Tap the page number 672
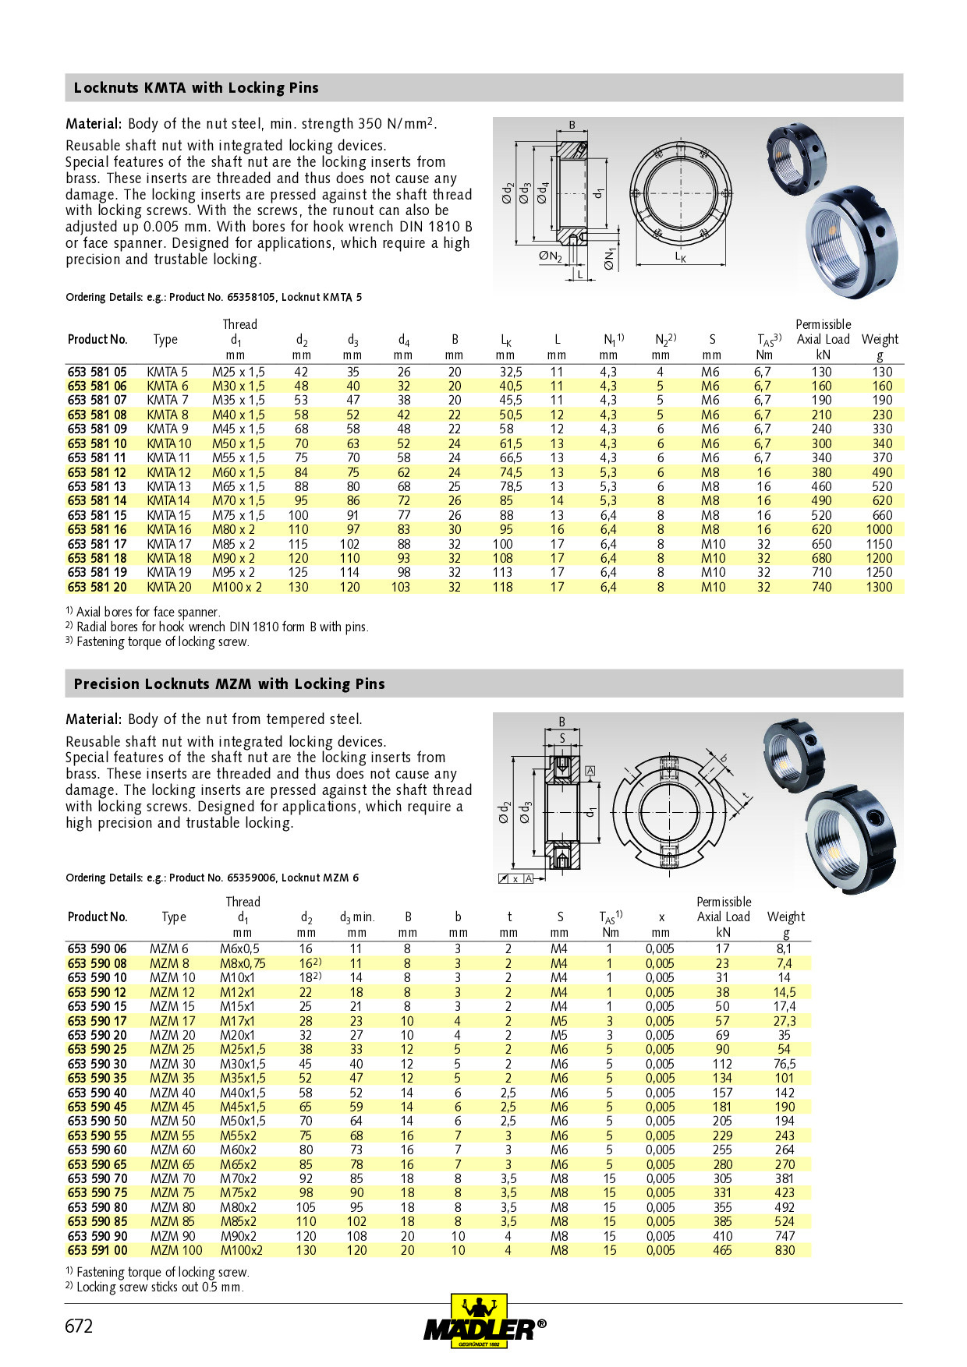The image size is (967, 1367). [x=79, y=1326]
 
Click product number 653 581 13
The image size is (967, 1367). [x=97, y=486]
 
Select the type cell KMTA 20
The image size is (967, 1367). [x=168, y=587]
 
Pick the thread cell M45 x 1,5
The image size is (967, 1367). [x=238, y=429]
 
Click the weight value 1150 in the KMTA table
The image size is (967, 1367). [x=879, y=544]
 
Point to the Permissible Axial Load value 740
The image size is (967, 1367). [x=821, y=587]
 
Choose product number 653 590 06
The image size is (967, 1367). [x=97, y=948]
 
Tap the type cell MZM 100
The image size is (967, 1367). [x=175, y=1250]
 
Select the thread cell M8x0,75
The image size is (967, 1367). [x=243, y=963]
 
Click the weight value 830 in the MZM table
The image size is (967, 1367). [x=785, y=1250]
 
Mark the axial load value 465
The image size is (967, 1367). [x=723, y=1250]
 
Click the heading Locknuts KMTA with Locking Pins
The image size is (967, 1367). [x=196, y=88]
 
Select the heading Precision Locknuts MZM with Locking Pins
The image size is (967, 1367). [x=229, y=684]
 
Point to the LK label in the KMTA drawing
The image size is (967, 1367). [x=680, y=256]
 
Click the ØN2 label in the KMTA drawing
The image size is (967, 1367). [x=550, y=256]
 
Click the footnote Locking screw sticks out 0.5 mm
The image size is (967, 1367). [x=159, y=1287]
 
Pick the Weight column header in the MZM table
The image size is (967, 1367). [x=785, y=917]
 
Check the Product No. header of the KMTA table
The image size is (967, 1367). [x=97, y=339]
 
